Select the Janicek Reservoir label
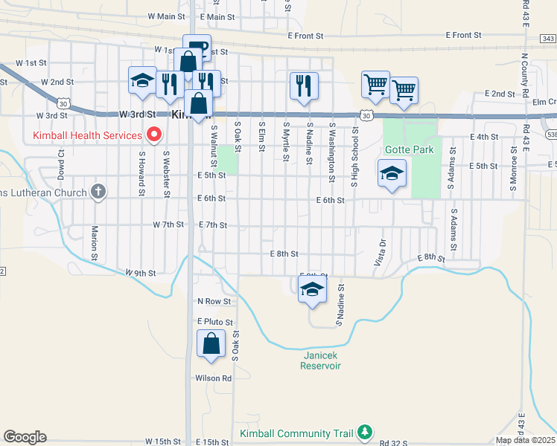point(321,360)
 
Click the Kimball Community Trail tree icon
point(365,432)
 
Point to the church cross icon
point(98,192)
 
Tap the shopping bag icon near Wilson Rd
point(211,343)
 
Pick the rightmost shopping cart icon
point(404,91)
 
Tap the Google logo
point(25,437)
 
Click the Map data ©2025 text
point(524,440)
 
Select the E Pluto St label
point(215,322)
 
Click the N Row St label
point(214,301)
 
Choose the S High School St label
point(355,155)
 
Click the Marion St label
point(95,243)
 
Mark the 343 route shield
point(548,39)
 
